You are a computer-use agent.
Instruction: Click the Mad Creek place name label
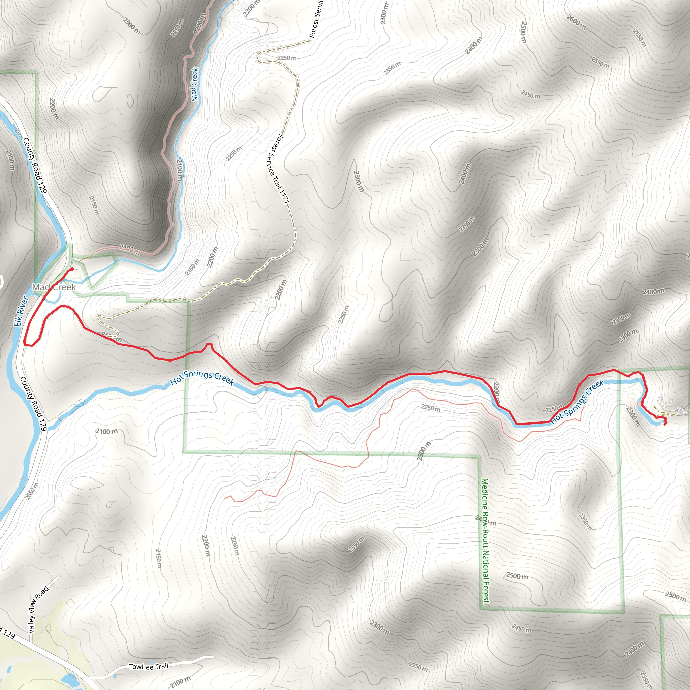coord(54,287)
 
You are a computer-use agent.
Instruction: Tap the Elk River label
coord(21,311)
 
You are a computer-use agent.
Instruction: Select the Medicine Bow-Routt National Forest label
coord(485,541)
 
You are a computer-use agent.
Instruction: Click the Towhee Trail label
coord(149,666)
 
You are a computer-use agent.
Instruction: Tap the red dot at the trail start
coord(72,269)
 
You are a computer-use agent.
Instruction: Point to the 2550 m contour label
coord(600,63)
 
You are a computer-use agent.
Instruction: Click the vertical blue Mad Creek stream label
coord(195,84)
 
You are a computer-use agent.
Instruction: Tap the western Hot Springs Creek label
coord(202,378)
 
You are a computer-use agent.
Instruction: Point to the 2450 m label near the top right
coord(530,95)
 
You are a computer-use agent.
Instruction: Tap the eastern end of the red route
coord(665,424)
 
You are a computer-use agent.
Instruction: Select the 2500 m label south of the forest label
coord(517,576)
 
